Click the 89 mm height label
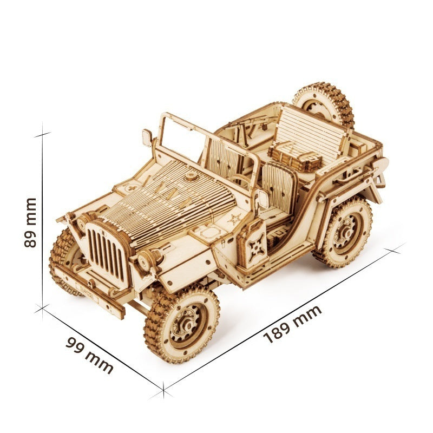click(x=31, y=222)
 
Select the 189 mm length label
click(x=293, y=324)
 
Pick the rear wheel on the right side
click(x=344, y=233)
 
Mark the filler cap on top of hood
click(x=191, y=178)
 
